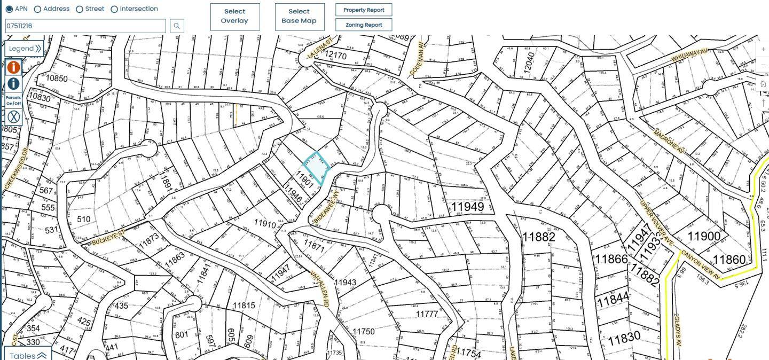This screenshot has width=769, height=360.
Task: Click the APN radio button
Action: (x=9, y=9)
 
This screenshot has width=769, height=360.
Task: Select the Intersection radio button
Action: (x=114, y=9)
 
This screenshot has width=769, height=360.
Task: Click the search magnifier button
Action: (x=177, y=26)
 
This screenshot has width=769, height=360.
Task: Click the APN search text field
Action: (x=87, y=26)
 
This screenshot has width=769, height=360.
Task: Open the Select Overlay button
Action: (x=235, y=17)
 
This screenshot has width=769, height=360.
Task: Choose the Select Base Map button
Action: (x=299, y=17)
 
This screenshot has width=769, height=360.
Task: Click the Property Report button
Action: (x=364, y=10)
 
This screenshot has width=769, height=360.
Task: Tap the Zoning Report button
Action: (x=364, y=25)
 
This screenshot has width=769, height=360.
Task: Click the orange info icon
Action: (x=13, y=67)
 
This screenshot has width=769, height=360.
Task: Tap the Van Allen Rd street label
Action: (x=320, y=288)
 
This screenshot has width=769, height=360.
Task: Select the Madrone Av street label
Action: (x=668, y=139)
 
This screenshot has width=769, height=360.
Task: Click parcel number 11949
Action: (x=467, y=207)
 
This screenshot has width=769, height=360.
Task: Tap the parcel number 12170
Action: (x=335, y=55)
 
